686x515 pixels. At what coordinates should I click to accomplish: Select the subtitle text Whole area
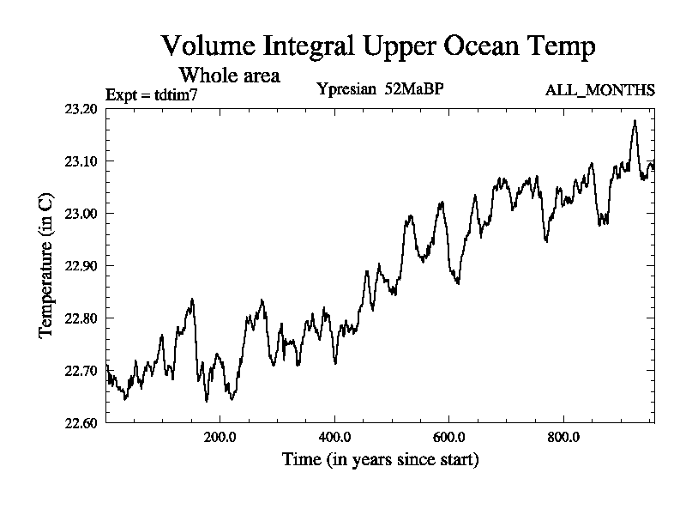[x=229, y=75]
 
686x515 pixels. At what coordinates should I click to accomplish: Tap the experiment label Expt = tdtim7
[x=151, y=94]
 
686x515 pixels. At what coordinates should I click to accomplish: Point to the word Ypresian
[x=346, y=89]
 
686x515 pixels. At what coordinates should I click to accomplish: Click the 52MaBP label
[x=414, y=89]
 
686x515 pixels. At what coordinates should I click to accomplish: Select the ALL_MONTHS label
[x=600, y=90]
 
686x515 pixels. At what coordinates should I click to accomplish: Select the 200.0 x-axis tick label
[x=220, y=436]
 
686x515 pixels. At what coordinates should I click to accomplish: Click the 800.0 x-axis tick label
[x=563, y=436]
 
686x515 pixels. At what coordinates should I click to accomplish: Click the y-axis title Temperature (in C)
[x=46, y=265]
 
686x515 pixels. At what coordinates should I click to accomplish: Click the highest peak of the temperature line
[x=635, y=121]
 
